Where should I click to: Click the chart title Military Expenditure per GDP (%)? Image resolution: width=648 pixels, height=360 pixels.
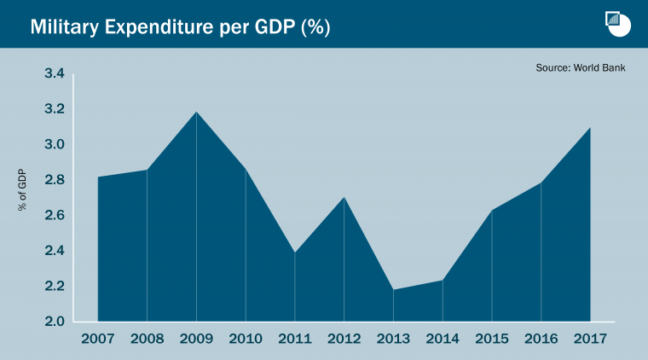[180, 26]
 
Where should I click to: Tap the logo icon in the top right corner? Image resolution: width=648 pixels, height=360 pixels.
[616, 24]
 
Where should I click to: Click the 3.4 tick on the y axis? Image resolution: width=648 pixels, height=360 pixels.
[55, 74]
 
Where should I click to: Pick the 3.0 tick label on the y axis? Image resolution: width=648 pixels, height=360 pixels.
[55, 145]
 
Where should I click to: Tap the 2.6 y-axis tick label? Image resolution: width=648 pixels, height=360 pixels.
[55, 216]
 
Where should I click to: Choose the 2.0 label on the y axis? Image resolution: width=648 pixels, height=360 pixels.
[55, 322]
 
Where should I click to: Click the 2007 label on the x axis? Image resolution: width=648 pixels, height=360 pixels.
[97, 339]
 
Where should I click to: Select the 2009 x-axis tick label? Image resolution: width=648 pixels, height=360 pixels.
[196, 339]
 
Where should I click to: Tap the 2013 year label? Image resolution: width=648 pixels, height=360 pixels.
[393, 339]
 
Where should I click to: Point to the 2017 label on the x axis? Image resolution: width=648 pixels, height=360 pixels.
[590, 339]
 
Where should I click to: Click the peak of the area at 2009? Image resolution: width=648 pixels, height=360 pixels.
[196, 112]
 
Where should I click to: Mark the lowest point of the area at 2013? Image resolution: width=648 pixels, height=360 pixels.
[393, 290]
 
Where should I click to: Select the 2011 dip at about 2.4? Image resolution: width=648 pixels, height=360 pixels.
[295, 253]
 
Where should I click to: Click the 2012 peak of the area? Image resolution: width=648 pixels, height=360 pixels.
[344, 198]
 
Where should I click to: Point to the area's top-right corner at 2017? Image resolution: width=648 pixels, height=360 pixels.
[590, 128]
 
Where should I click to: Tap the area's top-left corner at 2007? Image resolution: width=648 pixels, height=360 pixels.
[98, 177]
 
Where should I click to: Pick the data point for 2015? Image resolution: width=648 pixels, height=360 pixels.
[492, 210]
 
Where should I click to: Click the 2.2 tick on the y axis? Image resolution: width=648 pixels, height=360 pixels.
[55, 287]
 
